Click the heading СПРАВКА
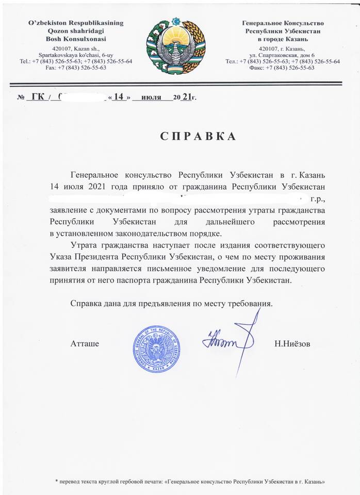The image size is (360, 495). point(198,137)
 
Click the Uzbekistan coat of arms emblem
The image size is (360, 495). point(179,45)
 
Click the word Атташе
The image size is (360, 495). point(84,343)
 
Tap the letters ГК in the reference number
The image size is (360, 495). point(38,96)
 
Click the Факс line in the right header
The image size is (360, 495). point(282,68)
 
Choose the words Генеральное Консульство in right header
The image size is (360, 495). point(283,24)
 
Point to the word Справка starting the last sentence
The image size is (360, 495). point(85,304)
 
